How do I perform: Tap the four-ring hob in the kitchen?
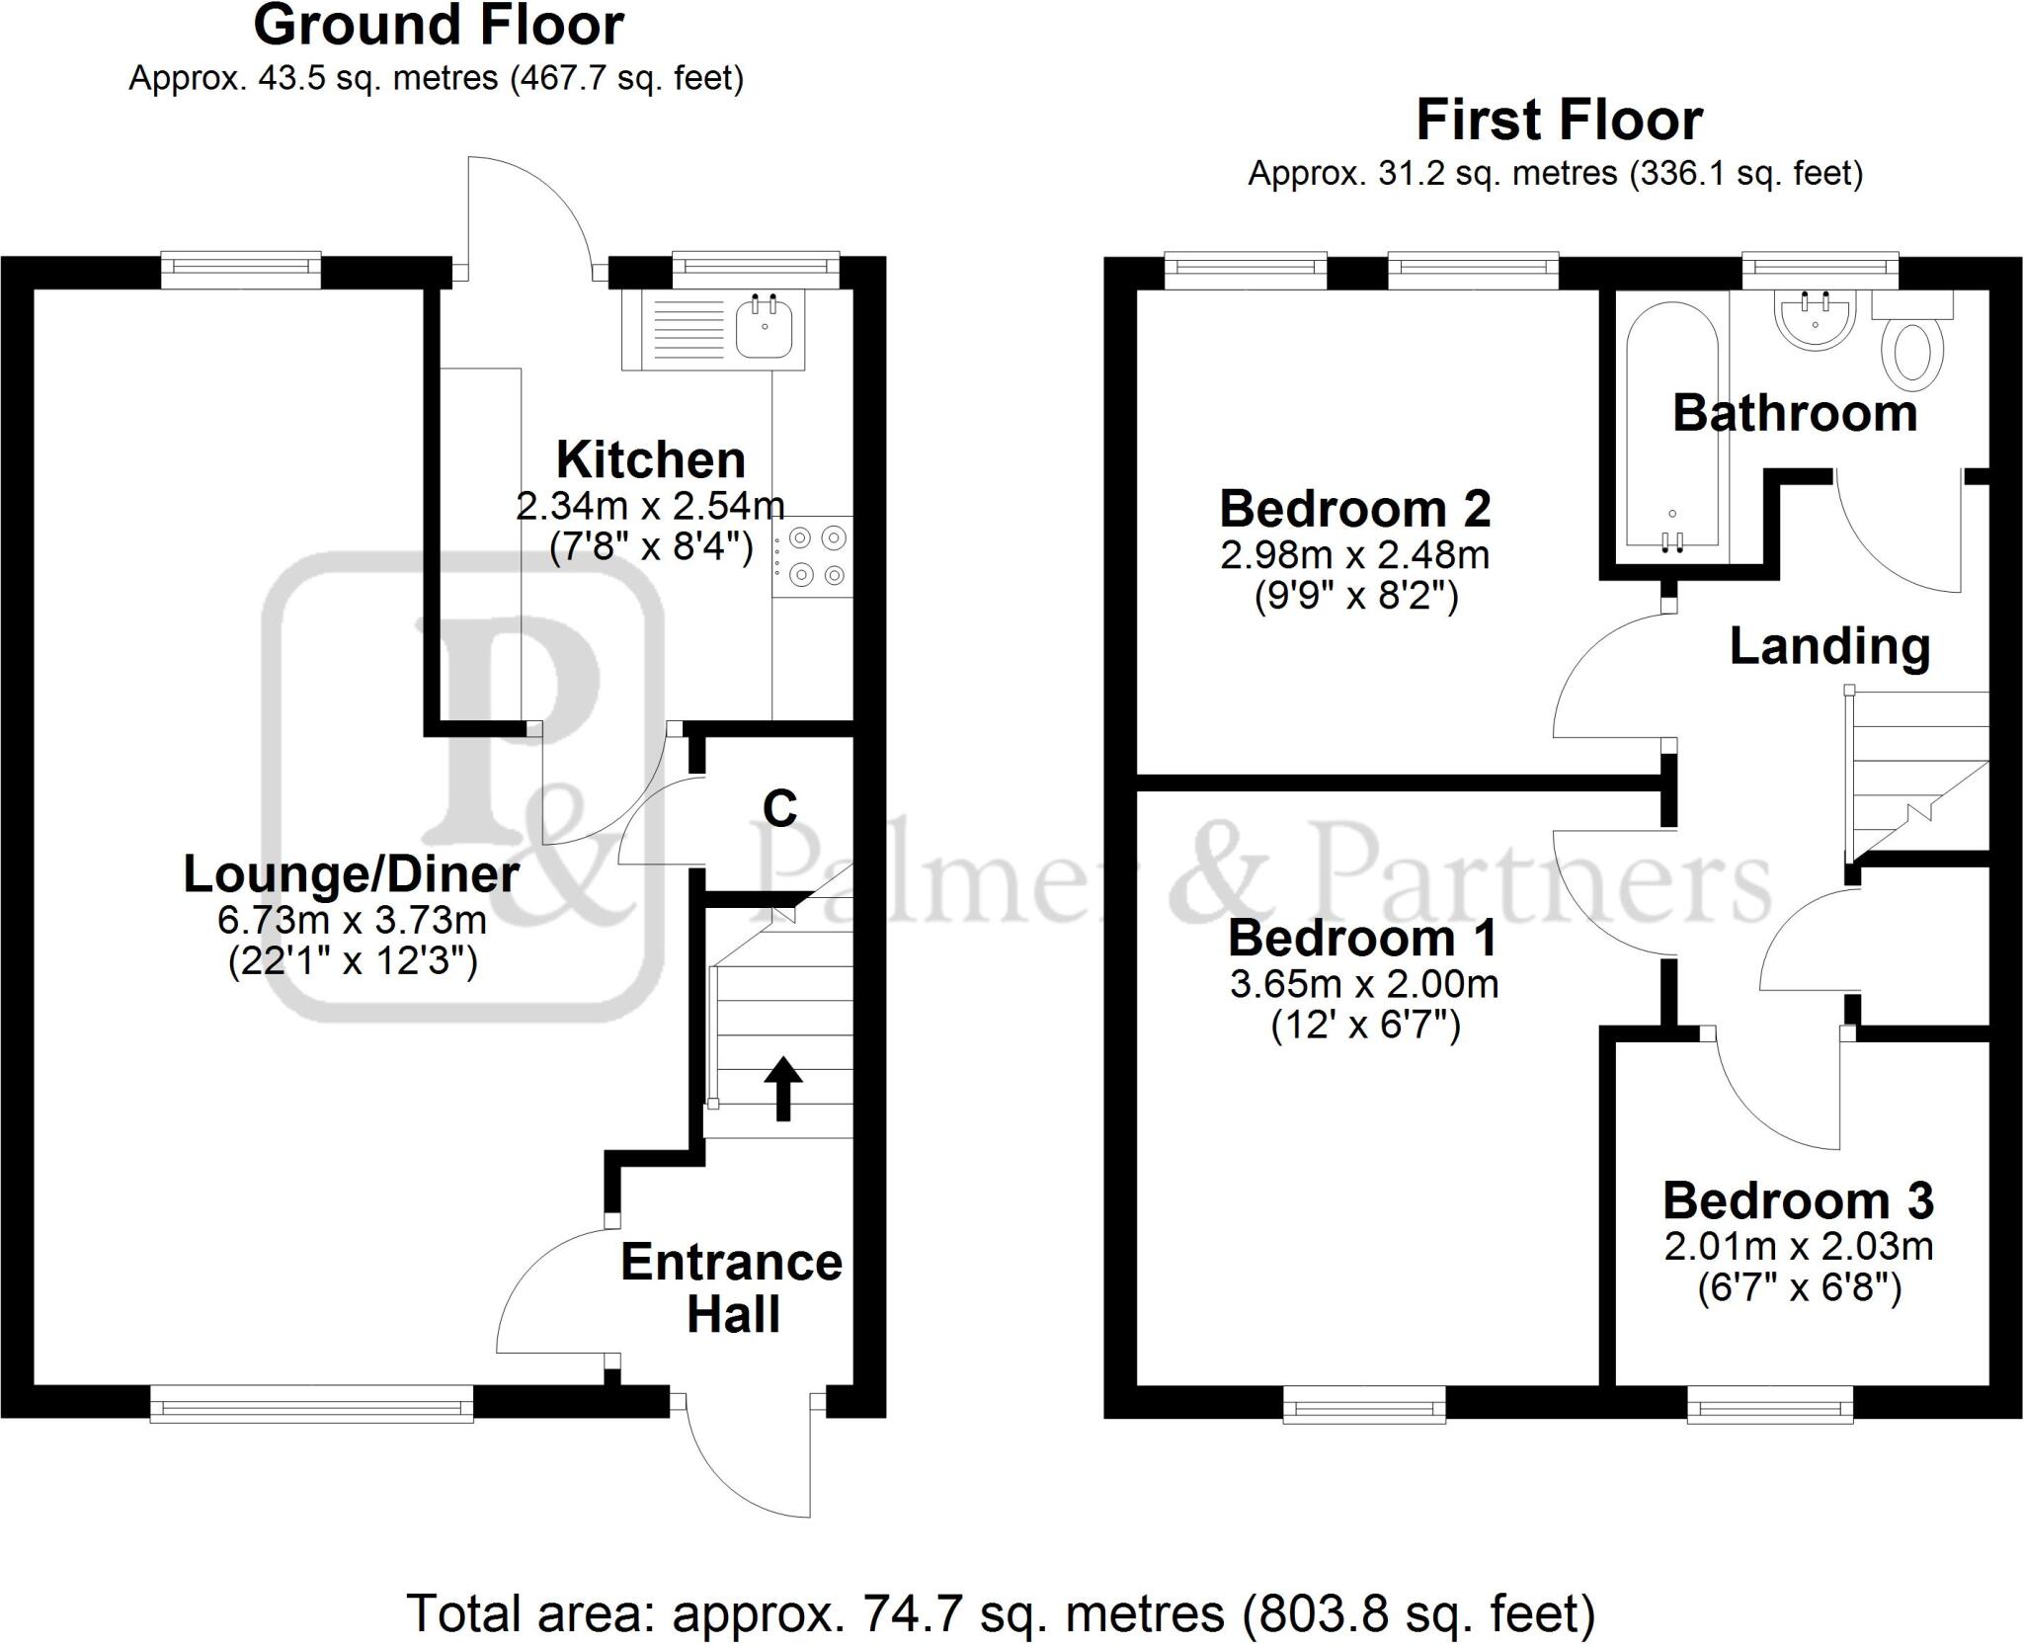pos(813,556)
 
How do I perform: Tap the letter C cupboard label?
pos(779,809)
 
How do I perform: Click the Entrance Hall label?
pos(732,1288)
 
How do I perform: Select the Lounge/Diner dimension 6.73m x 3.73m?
pos(352,920)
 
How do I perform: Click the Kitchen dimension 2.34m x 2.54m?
pos(650,506)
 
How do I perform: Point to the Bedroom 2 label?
pos(1354,509)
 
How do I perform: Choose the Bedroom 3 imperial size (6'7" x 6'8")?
pos(1799,1287)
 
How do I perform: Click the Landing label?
pos(1829,646)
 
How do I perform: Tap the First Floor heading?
pos(1559,121)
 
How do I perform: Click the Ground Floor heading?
pos(439,26)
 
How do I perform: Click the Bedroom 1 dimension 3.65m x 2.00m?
pos(1363,983)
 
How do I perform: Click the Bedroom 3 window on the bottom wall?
pos(1770,1403)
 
